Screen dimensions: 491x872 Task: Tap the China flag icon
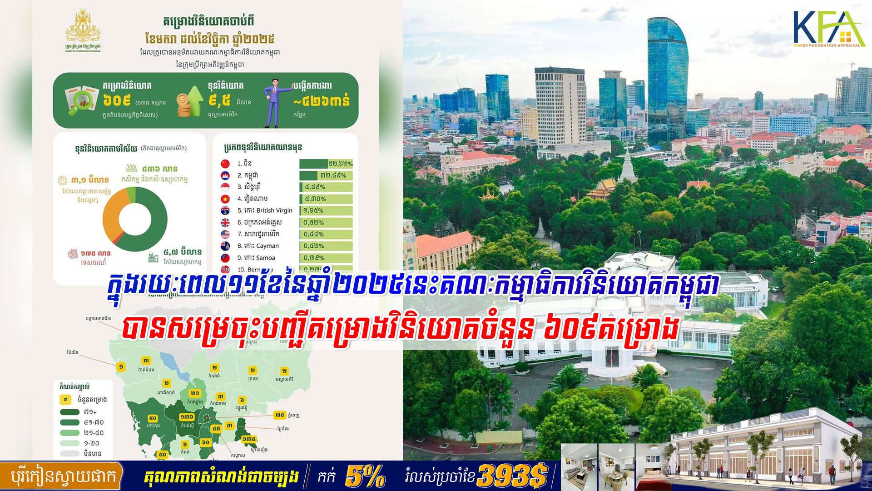tap(225, 164)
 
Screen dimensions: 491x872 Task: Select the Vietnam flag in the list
tap(225, 199)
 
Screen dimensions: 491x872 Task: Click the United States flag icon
tap(225, 234)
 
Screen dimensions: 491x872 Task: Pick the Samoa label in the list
tap(266, 258)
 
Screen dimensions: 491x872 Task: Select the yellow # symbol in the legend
tap(65, 400)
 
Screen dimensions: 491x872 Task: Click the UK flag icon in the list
tap(225, 222)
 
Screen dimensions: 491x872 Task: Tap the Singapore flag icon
tap(225, 187)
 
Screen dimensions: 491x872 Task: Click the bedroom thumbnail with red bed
tap(653, 468)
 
